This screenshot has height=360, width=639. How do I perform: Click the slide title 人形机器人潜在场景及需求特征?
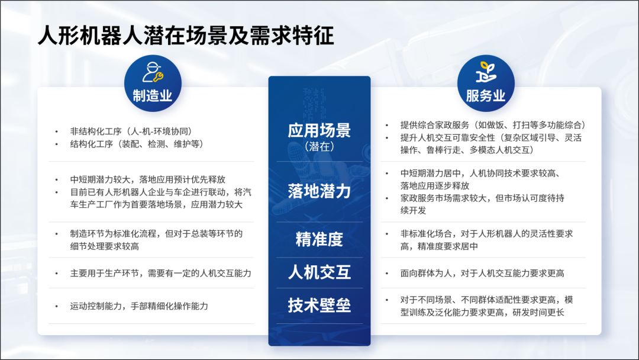[186, 35]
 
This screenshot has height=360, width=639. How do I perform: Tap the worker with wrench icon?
[153, 73]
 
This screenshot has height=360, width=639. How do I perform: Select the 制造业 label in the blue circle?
[153, 96]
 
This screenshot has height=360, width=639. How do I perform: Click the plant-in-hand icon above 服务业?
[486, 72]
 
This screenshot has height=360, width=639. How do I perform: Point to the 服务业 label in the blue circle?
[486, 96]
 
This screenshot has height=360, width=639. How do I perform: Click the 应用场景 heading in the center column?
[319, 130]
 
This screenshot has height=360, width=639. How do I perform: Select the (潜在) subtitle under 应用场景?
[319, 146]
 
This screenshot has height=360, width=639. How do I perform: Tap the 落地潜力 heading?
[319, 191]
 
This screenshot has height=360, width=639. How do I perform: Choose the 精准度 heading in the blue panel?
[319, 239]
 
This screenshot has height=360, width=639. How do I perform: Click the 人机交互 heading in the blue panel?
[319, 272]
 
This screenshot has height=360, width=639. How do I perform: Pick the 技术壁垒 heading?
[319, 305]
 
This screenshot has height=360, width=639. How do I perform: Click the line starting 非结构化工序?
[131, 131]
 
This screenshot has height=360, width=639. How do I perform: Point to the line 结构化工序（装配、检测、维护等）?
[137, 144]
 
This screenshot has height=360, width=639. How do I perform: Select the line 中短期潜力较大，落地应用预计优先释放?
[147, 179]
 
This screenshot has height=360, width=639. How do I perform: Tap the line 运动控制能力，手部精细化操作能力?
[139, 306]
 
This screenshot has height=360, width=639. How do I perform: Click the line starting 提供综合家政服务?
[493, 125]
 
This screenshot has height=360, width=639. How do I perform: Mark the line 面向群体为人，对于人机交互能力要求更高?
[482, 273]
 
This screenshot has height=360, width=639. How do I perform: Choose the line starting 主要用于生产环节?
[160, 273]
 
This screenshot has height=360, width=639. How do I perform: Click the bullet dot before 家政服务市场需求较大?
[387, 198]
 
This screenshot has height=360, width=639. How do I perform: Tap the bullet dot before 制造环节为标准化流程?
[57, 234]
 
